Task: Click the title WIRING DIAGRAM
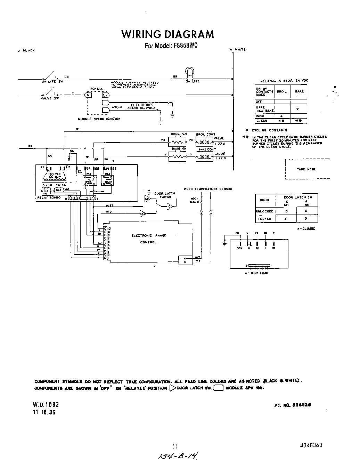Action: pos(167,34)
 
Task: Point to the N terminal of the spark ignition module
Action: pos(88,95)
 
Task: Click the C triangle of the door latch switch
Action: pos(170,207)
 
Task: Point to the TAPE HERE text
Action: pos(306,169)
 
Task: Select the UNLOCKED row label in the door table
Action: pos(264,211)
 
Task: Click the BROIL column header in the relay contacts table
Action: pos(281,91)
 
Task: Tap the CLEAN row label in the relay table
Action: pos(262,121)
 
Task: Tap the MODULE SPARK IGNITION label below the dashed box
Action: pos(99,119)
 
